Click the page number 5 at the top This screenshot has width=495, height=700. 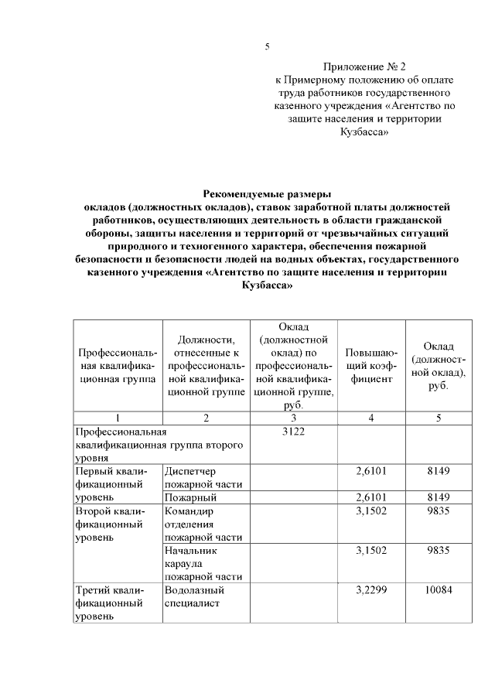(x=267, y=46)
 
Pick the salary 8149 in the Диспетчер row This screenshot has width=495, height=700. (x=438, y=470)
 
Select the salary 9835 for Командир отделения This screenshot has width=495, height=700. (x=438, y=511)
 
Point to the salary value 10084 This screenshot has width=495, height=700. (x=438, y=590)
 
